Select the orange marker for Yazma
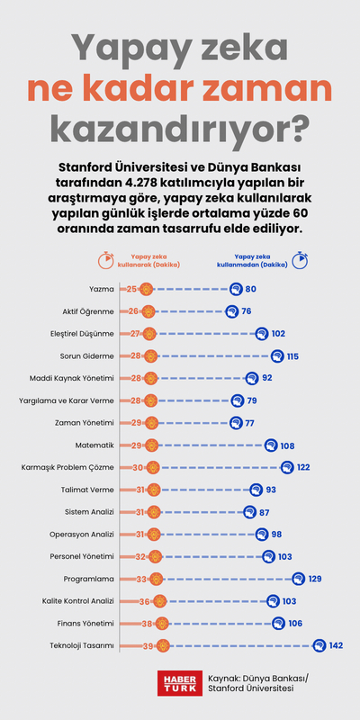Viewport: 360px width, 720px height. click(147, 289)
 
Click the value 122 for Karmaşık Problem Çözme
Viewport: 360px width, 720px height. click(305, 467)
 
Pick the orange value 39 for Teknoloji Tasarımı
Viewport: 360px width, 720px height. click(147, 644)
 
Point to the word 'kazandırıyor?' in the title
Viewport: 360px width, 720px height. click(180, 129)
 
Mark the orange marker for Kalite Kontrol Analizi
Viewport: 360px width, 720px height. click(159, 600)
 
